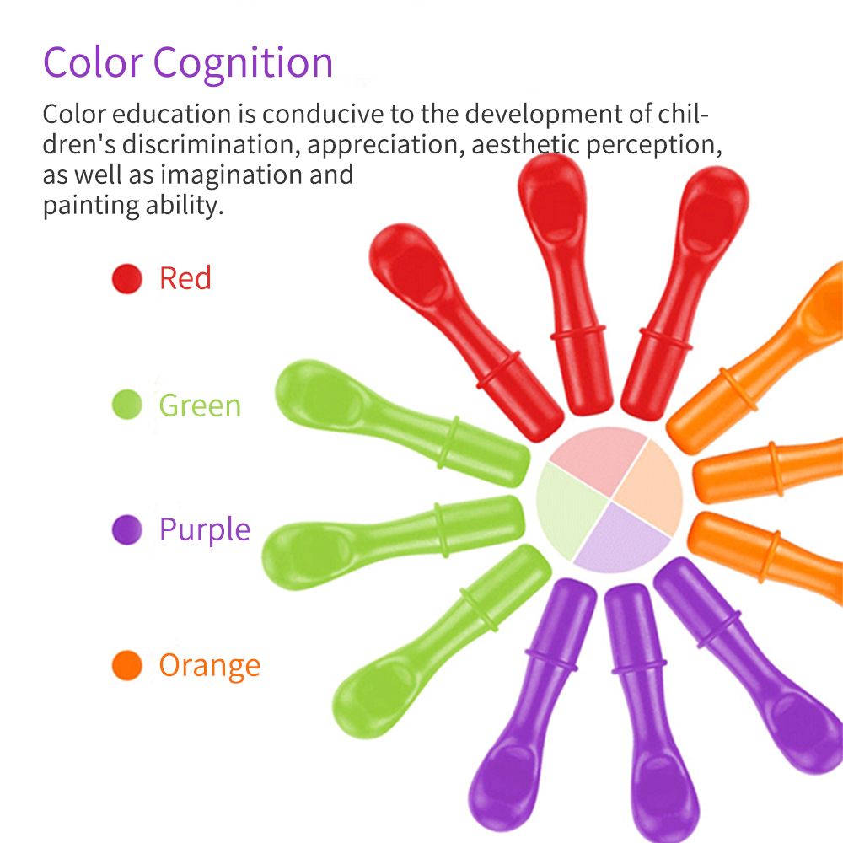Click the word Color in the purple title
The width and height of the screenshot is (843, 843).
point(93,62)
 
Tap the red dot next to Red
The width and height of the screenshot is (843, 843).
point(127,278)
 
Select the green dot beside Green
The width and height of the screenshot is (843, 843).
point(127,405)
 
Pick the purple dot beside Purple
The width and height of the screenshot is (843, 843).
point(127,529)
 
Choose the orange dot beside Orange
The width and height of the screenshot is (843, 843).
point(127,665)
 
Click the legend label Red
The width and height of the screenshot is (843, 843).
point(185,278)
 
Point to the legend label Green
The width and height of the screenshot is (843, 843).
point(200,405)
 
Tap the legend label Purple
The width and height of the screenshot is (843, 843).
point(205,530)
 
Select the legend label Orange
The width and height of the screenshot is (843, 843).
point(210,667)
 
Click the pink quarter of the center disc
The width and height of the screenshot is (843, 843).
point(597,457)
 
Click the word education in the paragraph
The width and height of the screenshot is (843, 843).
point(172,114)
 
